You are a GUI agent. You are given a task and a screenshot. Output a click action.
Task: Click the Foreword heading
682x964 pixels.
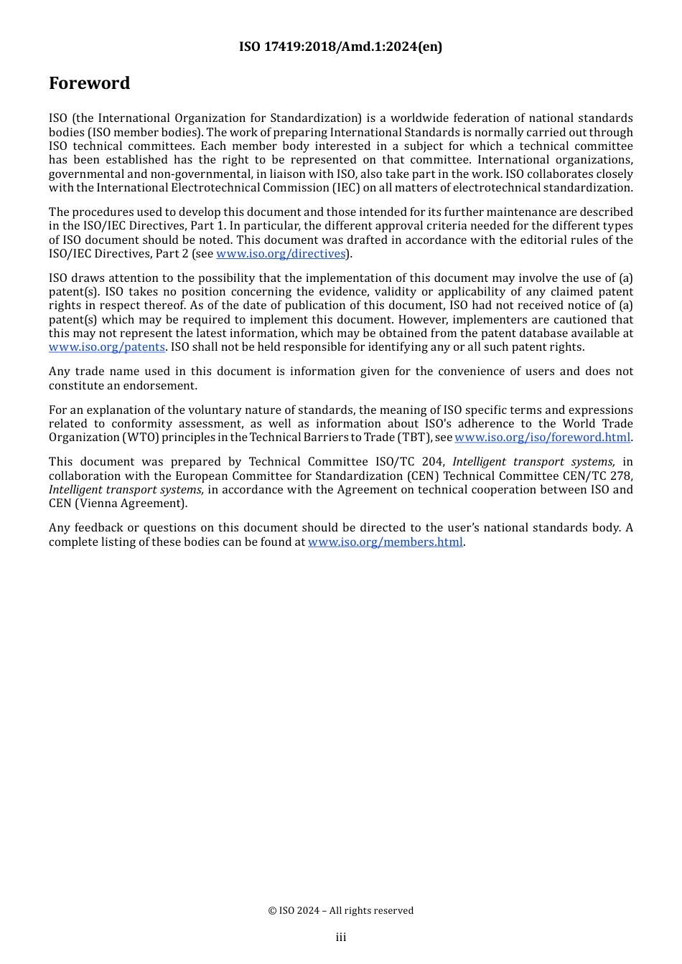89,83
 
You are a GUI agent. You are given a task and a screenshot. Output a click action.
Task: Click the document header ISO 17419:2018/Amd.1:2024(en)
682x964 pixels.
340,47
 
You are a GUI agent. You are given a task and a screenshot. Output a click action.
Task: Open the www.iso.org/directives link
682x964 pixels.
281,254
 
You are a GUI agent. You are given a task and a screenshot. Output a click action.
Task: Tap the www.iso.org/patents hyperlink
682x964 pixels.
107,347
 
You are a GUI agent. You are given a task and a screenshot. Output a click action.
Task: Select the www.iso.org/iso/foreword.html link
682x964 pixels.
542,438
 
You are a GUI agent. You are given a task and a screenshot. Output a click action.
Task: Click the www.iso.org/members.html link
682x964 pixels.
385,542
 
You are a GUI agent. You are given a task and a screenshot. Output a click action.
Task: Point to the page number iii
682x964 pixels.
341,937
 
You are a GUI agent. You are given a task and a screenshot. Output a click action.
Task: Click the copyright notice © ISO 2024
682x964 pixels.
340,911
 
